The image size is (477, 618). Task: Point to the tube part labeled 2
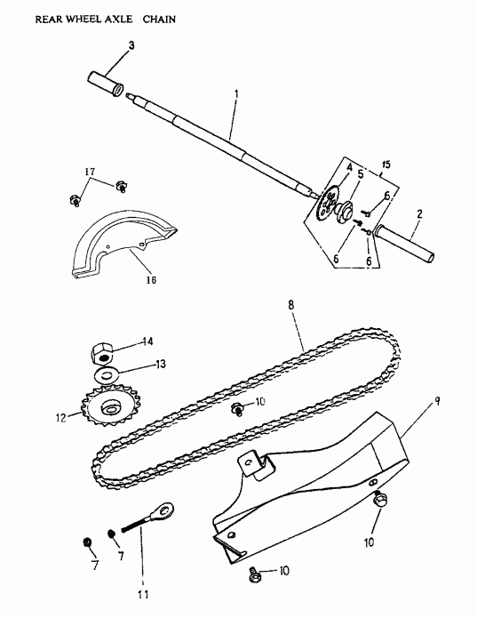point(409,244)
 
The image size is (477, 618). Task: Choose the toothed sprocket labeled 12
point(110,407)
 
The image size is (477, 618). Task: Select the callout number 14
point(147,341)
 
